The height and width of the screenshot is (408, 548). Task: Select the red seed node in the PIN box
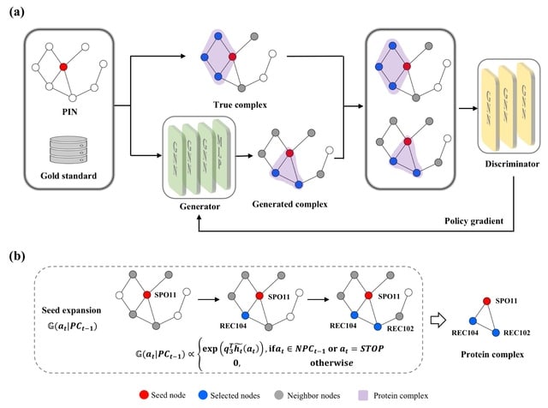(x=63, y=66)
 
